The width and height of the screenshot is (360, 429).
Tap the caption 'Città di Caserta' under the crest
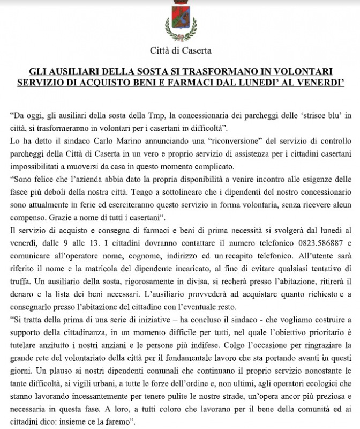pos(180,51)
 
